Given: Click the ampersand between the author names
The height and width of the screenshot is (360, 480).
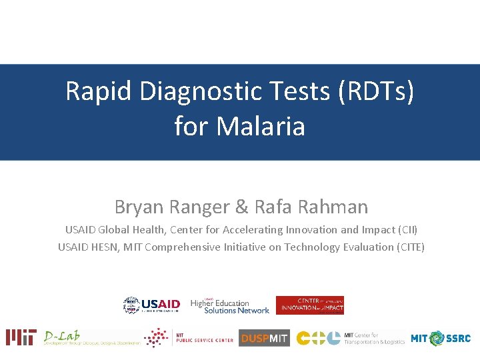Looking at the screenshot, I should (241, 207).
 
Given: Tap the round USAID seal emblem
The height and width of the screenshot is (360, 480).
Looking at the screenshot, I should (131, 305).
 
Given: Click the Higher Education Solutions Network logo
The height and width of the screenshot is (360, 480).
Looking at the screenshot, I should (229, 306).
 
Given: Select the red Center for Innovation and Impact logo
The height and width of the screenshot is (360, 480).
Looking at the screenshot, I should (310, 305).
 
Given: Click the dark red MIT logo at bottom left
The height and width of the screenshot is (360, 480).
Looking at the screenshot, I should (21, 337).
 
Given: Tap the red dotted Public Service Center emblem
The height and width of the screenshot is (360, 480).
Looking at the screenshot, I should (157, 338).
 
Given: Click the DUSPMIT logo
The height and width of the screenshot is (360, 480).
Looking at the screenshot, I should (264, 338).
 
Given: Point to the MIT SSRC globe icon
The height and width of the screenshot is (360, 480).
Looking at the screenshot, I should (437, 338).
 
